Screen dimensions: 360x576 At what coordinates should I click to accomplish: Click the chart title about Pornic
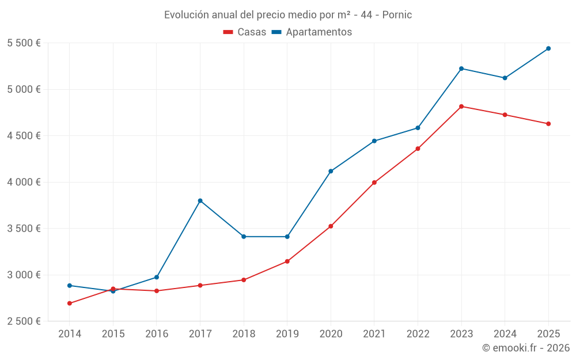288,15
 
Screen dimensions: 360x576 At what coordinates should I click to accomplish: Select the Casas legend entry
245,32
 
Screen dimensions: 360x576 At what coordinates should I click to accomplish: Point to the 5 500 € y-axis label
24,43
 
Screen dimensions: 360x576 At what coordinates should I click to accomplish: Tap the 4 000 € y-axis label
24,182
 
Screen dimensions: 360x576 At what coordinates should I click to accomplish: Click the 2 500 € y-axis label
24,321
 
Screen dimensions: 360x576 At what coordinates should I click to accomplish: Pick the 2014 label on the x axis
70,334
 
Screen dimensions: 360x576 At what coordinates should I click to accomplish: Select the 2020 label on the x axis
331,334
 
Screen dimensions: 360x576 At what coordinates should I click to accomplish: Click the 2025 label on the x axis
548,334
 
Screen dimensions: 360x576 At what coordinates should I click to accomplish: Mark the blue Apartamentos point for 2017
200,200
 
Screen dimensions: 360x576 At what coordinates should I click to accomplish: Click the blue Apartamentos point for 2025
548,48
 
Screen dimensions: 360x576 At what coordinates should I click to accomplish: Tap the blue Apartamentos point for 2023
461,69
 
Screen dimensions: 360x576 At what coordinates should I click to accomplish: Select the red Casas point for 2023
461,107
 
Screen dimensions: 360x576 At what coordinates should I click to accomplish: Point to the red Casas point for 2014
70,304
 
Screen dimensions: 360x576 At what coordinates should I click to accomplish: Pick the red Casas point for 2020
331,226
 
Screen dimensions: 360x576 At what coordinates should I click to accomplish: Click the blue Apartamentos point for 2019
287,237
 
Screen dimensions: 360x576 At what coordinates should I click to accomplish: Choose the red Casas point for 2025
548,124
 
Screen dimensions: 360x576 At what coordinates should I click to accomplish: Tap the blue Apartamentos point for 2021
374,141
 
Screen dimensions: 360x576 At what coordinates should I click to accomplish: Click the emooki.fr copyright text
525,348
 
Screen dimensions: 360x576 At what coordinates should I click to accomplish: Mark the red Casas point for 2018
244,280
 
